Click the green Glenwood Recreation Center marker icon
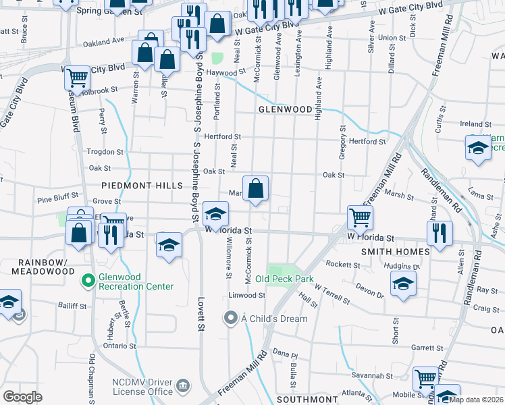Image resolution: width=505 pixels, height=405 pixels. click(x=87, y=279)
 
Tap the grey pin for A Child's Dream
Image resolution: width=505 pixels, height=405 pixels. click(x=231, y=317)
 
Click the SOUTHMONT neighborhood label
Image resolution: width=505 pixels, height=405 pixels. click(x=302, y=399)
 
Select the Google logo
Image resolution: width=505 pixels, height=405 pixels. click(x=23, y=397)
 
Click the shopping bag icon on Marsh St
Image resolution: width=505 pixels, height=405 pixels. click(x=256, y=189)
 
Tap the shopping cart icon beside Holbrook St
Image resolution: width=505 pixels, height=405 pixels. click(x=78, y=78)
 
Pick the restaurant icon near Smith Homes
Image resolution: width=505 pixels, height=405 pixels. click(x=440, y=233)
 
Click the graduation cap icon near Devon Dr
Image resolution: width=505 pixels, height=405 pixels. click(x=403, y=283)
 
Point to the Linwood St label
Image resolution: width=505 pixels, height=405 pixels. click(x=246, y=296)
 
